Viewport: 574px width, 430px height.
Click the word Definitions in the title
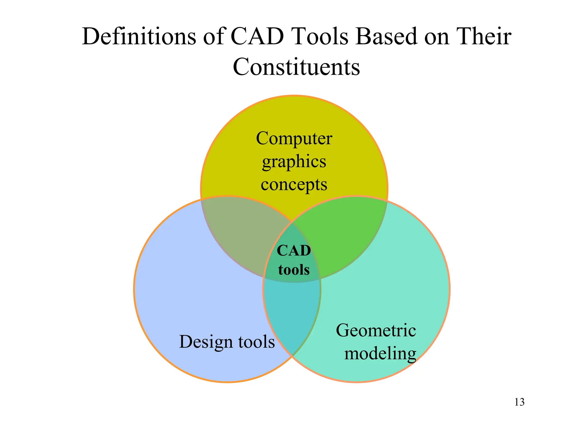click(139, 37)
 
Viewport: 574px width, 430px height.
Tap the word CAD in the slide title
click(257, 37)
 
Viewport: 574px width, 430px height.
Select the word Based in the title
click(386, 37)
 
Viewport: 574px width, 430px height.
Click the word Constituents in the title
click(296, 67)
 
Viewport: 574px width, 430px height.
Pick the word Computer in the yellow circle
click(294, 139)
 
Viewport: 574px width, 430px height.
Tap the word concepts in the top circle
click(294, 185)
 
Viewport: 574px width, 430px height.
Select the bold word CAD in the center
click(294, 251)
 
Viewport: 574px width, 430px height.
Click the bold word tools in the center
click(294, 270)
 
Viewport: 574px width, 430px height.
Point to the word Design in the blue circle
click(206, 342)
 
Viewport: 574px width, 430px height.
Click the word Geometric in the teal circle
click(376, 331)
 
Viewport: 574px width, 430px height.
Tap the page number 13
click(519, 402)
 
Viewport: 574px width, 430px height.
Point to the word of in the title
click(214, 37)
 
